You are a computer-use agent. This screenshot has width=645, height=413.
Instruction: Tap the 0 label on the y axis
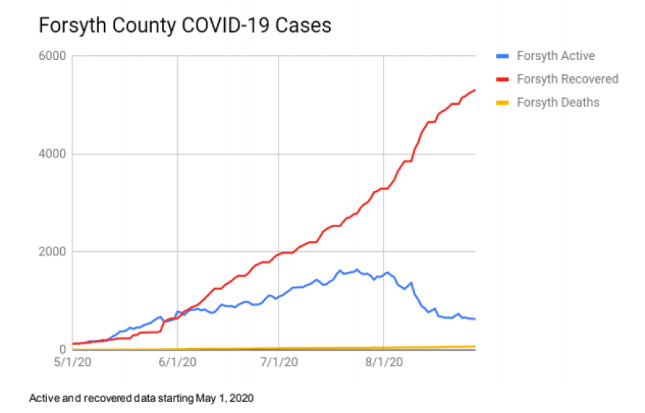(x=63, y=350)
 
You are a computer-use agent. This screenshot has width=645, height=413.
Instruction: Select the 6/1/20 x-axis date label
(x=178, y=362)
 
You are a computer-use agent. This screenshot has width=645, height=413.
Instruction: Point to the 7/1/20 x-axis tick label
(x=279, y=362)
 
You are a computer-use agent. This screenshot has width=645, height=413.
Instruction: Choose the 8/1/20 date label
(x=384, y=362)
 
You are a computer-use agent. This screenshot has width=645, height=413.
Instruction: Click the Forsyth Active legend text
(x=556, y=56)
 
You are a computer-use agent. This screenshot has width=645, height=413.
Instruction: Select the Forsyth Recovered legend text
(x=567, y=78)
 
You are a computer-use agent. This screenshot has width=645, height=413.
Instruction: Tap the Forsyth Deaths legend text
(x=558, y=102)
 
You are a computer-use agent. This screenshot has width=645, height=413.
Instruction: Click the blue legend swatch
(x=503, y=56)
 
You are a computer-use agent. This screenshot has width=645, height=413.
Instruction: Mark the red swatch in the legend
(x=503, y=78)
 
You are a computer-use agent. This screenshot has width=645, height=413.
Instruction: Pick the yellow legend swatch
(x=503, y=102)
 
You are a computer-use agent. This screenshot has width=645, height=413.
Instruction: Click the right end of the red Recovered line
(x=475, y=90)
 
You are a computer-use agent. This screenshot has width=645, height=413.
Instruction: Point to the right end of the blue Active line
(x=475, y=319)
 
